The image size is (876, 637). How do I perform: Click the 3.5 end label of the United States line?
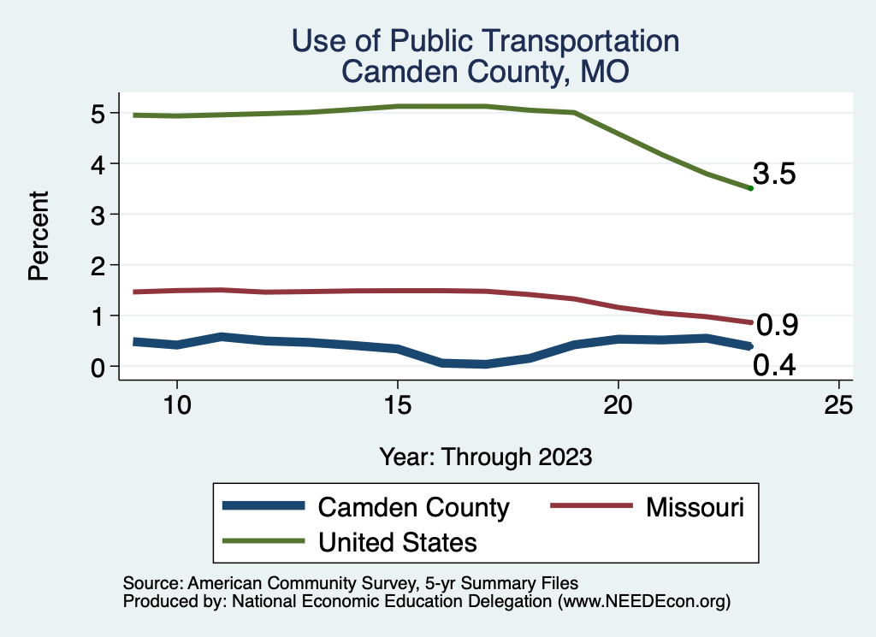[775, 174]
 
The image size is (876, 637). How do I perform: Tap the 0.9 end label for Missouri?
[778, 326]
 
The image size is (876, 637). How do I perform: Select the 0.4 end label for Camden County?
[775, 366]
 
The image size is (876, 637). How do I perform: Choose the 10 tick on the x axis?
[176, 405]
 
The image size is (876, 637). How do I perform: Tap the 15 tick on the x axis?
[397, 405]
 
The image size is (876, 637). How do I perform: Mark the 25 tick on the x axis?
[838, 405]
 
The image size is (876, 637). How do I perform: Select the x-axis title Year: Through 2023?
[485, 457]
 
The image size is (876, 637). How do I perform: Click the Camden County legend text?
[413, 507]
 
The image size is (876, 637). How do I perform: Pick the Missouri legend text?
[695, 507]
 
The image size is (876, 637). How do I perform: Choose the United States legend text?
[397, 542]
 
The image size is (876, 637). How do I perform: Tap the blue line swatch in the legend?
[263, 506]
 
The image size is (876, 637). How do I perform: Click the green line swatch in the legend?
[263, 541]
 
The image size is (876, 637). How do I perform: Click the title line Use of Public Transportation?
[485, 41]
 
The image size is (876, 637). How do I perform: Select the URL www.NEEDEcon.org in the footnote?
[642, 602]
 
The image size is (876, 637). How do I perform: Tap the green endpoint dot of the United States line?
[750, 188]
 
